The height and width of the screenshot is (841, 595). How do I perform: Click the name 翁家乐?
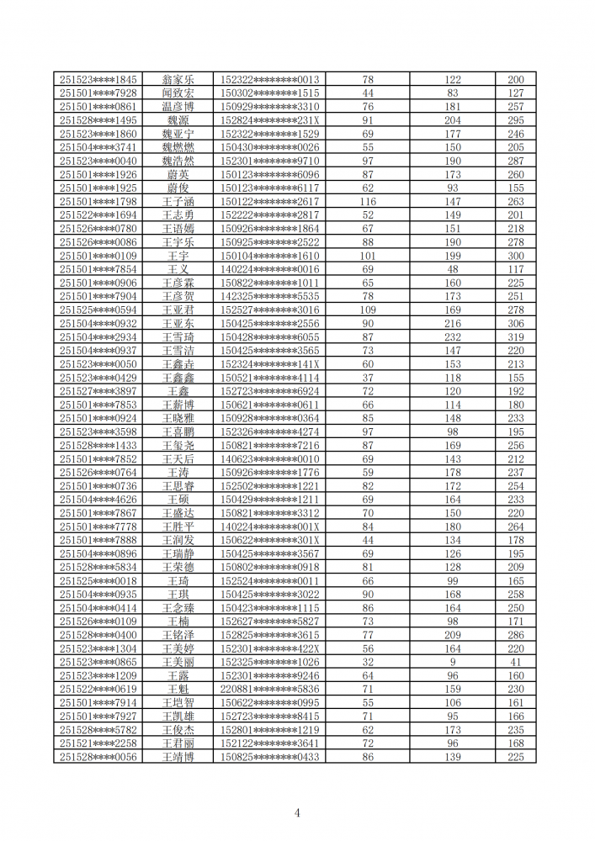click(178, 80)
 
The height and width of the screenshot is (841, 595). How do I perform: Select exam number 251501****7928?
click(98, 93)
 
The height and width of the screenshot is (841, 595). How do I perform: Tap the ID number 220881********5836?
click(269, 690)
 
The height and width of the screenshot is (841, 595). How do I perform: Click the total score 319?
click(515, 337)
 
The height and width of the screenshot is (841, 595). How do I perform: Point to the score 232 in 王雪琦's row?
click(453, 337)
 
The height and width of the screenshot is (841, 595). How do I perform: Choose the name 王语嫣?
click(178, 229)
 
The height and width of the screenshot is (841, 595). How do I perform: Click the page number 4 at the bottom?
click(297, 812)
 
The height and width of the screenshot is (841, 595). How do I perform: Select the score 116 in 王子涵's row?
click(368, 202)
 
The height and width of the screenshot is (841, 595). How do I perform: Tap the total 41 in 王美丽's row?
click(515, 662)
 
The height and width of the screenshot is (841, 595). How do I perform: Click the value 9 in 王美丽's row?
click(453, 662)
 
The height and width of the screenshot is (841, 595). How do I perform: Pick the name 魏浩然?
click(178, 161)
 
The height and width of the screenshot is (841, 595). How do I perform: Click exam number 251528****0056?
click(98, 757)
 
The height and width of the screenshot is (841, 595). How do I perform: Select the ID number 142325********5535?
click(269, 297)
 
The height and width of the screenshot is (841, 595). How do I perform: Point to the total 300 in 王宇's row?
click(515, 256)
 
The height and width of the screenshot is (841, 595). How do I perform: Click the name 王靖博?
click(178, 757)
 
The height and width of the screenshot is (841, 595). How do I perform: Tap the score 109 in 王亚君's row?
click(368, 310)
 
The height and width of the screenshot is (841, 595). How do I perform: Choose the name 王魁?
click(178, 690)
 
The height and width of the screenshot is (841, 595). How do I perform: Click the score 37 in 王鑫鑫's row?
click(368, 378)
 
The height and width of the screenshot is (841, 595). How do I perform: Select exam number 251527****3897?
click(98, 391)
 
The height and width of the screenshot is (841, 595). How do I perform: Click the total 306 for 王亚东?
click(515, 324)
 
